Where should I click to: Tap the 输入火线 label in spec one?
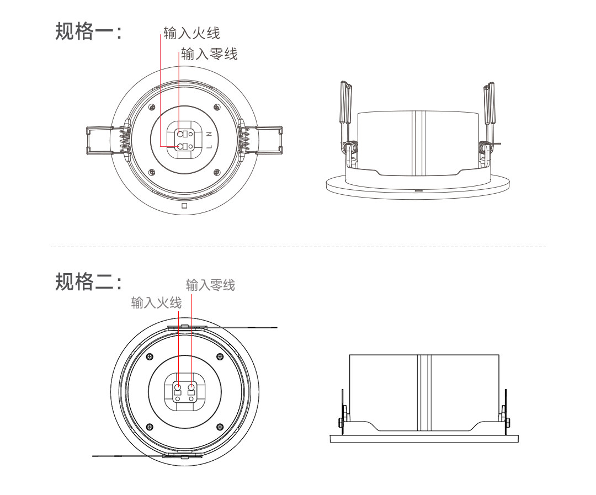(x=191, y=33)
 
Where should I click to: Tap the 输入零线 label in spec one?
(x=209, y=54)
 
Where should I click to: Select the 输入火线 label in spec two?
(x=156, y=302)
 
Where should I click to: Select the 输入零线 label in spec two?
(x=210, y=285)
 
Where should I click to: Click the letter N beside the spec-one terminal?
(x=209, y=134)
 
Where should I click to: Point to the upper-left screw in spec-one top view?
(x=152, y=107)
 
